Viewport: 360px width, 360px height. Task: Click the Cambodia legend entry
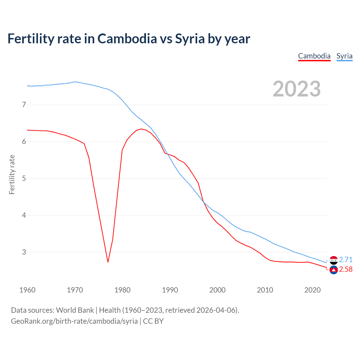[314, 56]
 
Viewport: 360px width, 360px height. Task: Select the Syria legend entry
[344, 56]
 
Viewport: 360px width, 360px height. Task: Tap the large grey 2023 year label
[297, 89]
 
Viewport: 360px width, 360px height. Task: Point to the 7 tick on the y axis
[24, 105]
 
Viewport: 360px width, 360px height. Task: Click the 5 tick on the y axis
[24, 179]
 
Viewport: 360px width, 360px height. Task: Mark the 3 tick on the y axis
[24, 252]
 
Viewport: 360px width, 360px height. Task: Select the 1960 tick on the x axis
[27, 290]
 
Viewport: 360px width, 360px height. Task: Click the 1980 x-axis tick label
[122, 290]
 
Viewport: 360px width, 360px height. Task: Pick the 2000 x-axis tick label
[217, 290]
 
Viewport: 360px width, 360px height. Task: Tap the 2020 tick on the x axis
[312, 290]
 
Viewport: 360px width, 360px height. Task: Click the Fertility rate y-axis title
[12, 174]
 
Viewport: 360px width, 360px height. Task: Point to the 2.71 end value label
[346, 260]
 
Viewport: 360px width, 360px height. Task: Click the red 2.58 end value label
[346, 269]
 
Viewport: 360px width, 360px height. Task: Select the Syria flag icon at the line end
[334, 260]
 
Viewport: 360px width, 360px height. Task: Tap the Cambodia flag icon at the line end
[334, 270]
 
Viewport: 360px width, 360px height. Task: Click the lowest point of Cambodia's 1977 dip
[108, 262]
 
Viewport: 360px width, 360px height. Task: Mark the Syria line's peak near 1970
[75, 82]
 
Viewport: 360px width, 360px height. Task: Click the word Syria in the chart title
[190, 39]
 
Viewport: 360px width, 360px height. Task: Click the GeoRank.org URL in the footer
[74, 321]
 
